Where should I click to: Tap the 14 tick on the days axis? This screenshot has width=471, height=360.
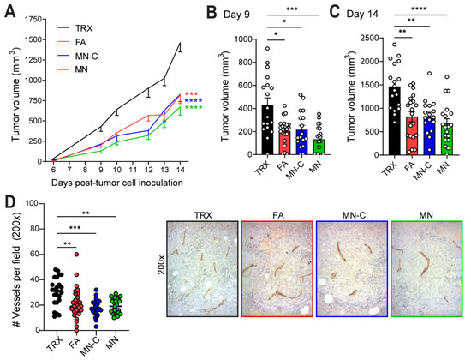click(180, 170)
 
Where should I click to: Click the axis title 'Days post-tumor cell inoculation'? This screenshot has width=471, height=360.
click(117, 183)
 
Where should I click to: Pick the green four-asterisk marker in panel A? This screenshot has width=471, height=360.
click(194, 108)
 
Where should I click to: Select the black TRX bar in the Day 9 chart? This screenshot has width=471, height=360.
click(267, 129)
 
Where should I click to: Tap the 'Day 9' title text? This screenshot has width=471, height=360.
click(236, 15)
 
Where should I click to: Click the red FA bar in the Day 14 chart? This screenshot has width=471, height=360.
click(412, 135)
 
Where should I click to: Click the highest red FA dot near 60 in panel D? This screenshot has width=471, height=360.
click(76, 255)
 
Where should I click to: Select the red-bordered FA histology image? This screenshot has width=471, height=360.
click(277, 268)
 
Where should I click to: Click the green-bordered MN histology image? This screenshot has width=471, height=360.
click(426, 268)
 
